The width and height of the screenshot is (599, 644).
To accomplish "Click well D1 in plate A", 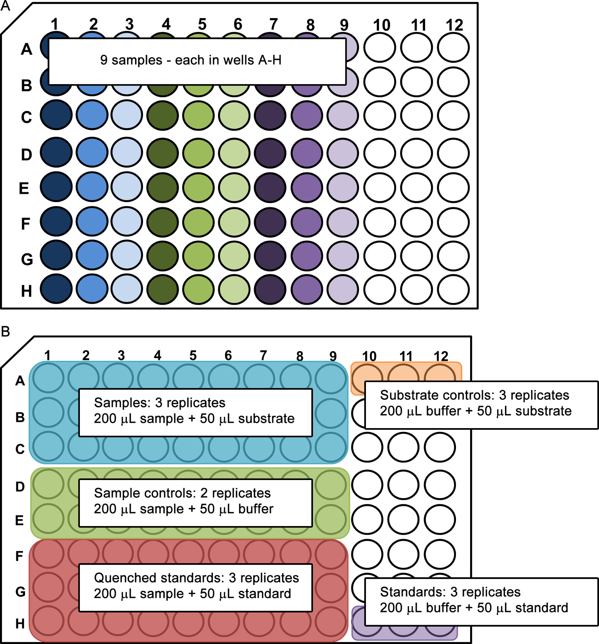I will tap(56, 153).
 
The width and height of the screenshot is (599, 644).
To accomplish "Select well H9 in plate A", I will tap(342, 290).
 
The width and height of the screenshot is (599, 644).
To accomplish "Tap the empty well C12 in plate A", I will tap(453, 116).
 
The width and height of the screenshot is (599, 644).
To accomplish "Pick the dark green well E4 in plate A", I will tap(163, 188).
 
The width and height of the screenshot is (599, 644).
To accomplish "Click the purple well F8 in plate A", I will tap(307, 222).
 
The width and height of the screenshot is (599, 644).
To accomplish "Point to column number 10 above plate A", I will tap(382, 25).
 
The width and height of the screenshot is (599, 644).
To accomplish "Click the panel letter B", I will tap(5, 331).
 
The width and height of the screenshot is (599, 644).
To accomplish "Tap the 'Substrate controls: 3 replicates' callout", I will tap(481, 405).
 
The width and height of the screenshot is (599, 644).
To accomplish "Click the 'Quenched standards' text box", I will tap(196, 587).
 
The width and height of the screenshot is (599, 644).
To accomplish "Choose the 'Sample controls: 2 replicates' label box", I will tap(196, 503).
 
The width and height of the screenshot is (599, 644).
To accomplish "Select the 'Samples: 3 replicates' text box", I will tap(196, 413).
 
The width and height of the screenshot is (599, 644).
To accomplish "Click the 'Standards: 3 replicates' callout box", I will tap(481, 602).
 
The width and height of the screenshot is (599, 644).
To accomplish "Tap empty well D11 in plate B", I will tap(403, 485).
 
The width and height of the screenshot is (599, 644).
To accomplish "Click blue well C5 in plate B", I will tap(188, 447).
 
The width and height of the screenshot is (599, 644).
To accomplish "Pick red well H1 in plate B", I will tap(48, 621).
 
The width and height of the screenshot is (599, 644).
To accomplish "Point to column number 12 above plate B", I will tap(441, 356).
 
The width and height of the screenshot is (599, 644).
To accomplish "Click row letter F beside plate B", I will tap(19, 556).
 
